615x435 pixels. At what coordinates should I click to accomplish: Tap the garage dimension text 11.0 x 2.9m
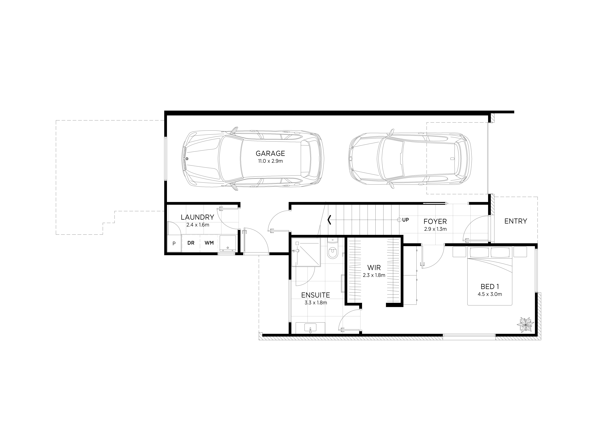click(x=270, y=161)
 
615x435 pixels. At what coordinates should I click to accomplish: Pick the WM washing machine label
click(x=209, y=243)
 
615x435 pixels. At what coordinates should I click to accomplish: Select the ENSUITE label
click(x=316, y=295)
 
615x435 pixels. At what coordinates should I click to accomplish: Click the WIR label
click(x=374, y=267)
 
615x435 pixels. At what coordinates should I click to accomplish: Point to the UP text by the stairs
click(x=406, y=220)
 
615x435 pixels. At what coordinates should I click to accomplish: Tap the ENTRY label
click(x=516, y=221)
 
